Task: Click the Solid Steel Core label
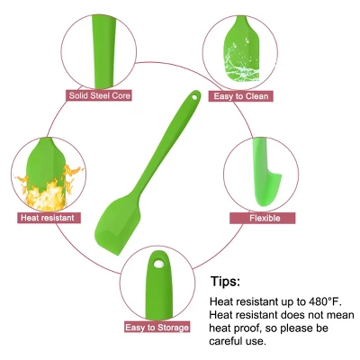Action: (x=99, y=95)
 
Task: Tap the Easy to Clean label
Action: (x=240, y=96)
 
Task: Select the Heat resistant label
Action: (x=49, y=218)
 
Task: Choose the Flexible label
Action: (x=263, y=218)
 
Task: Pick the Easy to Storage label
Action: (x=157, y=327)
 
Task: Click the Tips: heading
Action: (x=226, y=282)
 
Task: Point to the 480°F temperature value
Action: (x=325, y=301)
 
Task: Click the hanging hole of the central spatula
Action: (x=195, y=97)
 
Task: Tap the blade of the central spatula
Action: (x=118, y=223)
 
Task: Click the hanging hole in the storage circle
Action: (x=158, y=264)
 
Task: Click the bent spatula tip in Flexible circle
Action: (x=267, y=189)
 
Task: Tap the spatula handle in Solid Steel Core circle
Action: (x=103, y=51)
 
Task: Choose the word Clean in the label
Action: (x=256, y=96)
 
